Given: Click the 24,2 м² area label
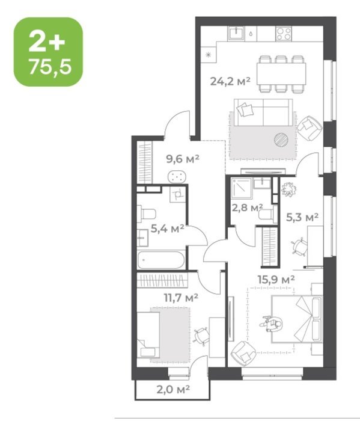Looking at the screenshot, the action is coord(230,81).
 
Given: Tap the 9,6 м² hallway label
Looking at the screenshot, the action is coord(183,159).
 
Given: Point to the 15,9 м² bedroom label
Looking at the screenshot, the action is coord(276,279).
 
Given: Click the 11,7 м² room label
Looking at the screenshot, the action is coord(181,298).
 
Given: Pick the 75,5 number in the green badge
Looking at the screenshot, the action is coord(50,67).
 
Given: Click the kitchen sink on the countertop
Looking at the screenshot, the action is coord(236,34).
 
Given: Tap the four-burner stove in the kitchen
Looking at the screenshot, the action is coord(284,34).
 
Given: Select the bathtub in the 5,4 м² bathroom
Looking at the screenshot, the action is coord(161,260).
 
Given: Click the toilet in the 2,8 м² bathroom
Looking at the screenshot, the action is coord(268,214).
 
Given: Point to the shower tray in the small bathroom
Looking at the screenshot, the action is coord(242,188).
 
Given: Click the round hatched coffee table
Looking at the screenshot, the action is coord(281,140).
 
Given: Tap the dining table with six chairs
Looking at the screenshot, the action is coord(281,74).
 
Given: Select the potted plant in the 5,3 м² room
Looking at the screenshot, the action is coord(288,189).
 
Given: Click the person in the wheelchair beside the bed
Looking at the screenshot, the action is coord(272,324).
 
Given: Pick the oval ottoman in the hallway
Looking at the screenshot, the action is coord(177,176).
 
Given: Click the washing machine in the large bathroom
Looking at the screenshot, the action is coord(177,194).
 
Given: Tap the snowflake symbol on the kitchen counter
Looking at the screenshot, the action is coord(208,55).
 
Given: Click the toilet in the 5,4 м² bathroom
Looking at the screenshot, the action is coord(147,214).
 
